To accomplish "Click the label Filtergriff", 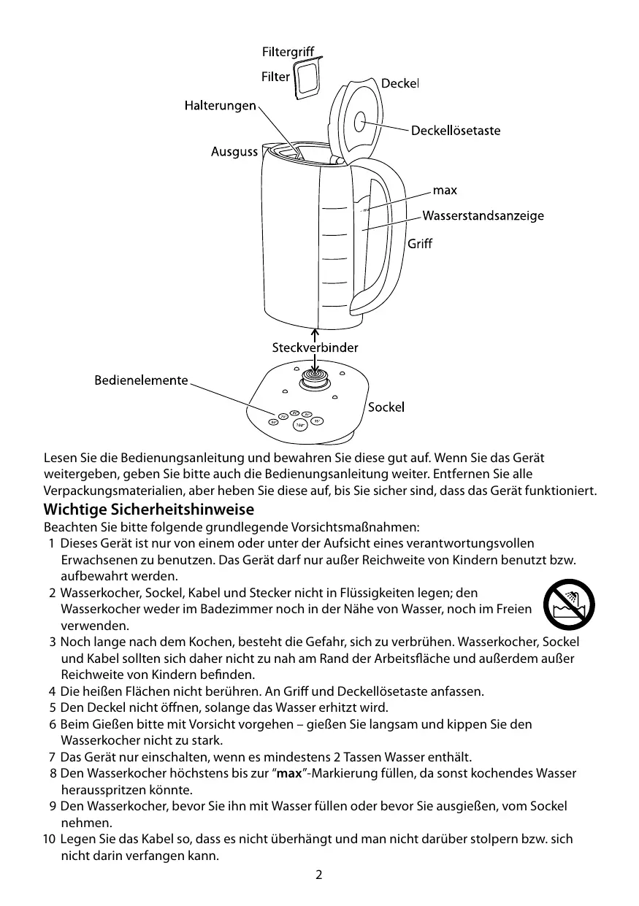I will (287, 53).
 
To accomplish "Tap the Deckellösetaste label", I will (456, 131).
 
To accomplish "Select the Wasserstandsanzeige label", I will (483, 215).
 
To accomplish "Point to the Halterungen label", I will (219, 107).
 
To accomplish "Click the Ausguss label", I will (234, 152).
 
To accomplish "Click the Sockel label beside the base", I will (386, 407).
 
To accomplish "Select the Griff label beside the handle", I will (419, 244).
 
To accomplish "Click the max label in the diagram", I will (445, 191).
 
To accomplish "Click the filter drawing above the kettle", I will (306, 79).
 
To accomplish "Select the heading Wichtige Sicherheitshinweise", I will (149, 508).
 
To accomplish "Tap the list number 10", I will (48, 840).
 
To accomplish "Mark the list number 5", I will (53, 707).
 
